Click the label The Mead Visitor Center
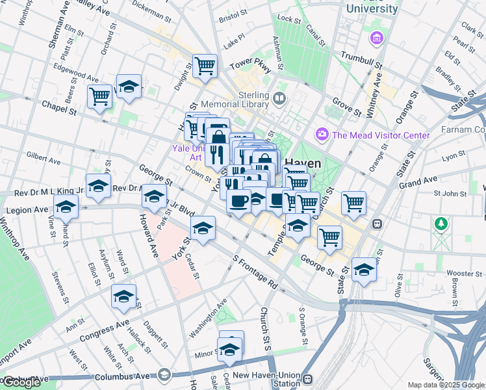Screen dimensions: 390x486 (381, 135)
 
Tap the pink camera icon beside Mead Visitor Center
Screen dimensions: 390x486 (322, 135)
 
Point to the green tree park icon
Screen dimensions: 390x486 (442, 224)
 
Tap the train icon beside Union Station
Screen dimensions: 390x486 (309, 380)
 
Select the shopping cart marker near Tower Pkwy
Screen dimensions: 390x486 (205, 66)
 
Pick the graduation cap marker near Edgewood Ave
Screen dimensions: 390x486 (129, 86)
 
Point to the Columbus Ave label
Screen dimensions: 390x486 (122, 376)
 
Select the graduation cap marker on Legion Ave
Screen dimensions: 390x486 (66, 208)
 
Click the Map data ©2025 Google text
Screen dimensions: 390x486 (446, 385)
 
